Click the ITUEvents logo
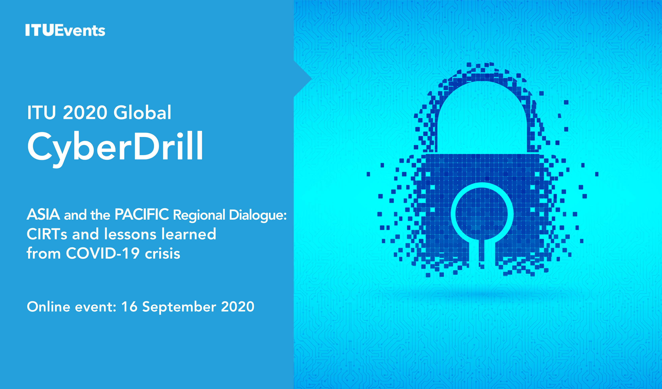(65, 30)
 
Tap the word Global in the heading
(142, 112)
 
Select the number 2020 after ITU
(85, 113)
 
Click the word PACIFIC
(142, 214)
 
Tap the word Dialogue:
(258, 215)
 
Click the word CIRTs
(47, 234)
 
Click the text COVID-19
(102, 253)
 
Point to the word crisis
(163, 253)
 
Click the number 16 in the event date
(129, 307)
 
